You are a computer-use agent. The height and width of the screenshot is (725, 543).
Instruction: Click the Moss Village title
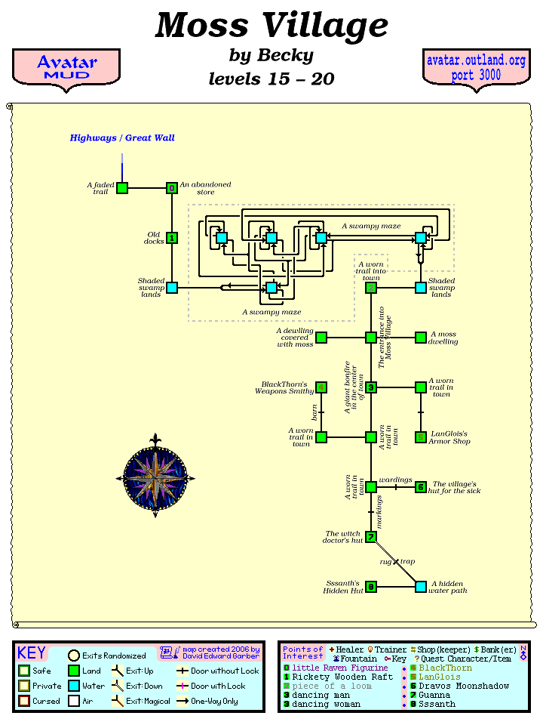(x=271, y=26)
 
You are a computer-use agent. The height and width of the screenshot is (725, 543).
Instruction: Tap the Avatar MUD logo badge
(x=66, y=67)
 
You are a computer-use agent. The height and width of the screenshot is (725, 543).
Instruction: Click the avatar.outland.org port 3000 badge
(x=476, y=67)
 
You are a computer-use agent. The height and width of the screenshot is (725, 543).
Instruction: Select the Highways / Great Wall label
(x=122, y=138)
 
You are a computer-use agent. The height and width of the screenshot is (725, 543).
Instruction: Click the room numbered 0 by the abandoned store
(x=172, y=188)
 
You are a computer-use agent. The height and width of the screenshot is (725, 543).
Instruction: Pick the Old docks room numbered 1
(x=172, y=238)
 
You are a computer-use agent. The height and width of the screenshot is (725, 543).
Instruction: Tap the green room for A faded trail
(x=122, y=188)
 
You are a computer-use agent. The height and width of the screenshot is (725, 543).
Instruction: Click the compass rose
(x=155, y=477)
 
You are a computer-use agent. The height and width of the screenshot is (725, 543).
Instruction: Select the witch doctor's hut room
(x=371, y=537)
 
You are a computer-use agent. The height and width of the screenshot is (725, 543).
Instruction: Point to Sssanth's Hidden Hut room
(x=371, y=587)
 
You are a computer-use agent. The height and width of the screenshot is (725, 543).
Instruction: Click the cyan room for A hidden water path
(x=421, y=587)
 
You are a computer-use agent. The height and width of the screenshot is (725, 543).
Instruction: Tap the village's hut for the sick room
(x=421, y=487)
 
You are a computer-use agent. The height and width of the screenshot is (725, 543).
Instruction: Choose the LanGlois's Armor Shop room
(x=421, y=437)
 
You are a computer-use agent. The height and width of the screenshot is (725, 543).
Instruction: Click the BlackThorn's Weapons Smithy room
(x=321, y=387)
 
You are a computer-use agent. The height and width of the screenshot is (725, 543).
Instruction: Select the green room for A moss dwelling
(x=421, y=338)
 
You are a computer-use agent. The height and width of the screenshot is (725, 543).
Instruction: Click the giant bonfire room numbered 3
(x=371, y=387)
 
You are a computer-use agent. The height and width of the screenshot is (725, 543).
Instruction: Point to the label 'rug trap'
(x=397, y=562)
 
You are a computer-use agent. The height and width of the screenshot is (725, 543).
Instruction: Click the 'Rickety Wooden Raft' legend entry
(x=342, y=677)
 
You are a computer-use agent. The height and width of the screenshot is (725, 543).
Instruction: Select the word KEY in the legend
(x=32, y=653)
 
